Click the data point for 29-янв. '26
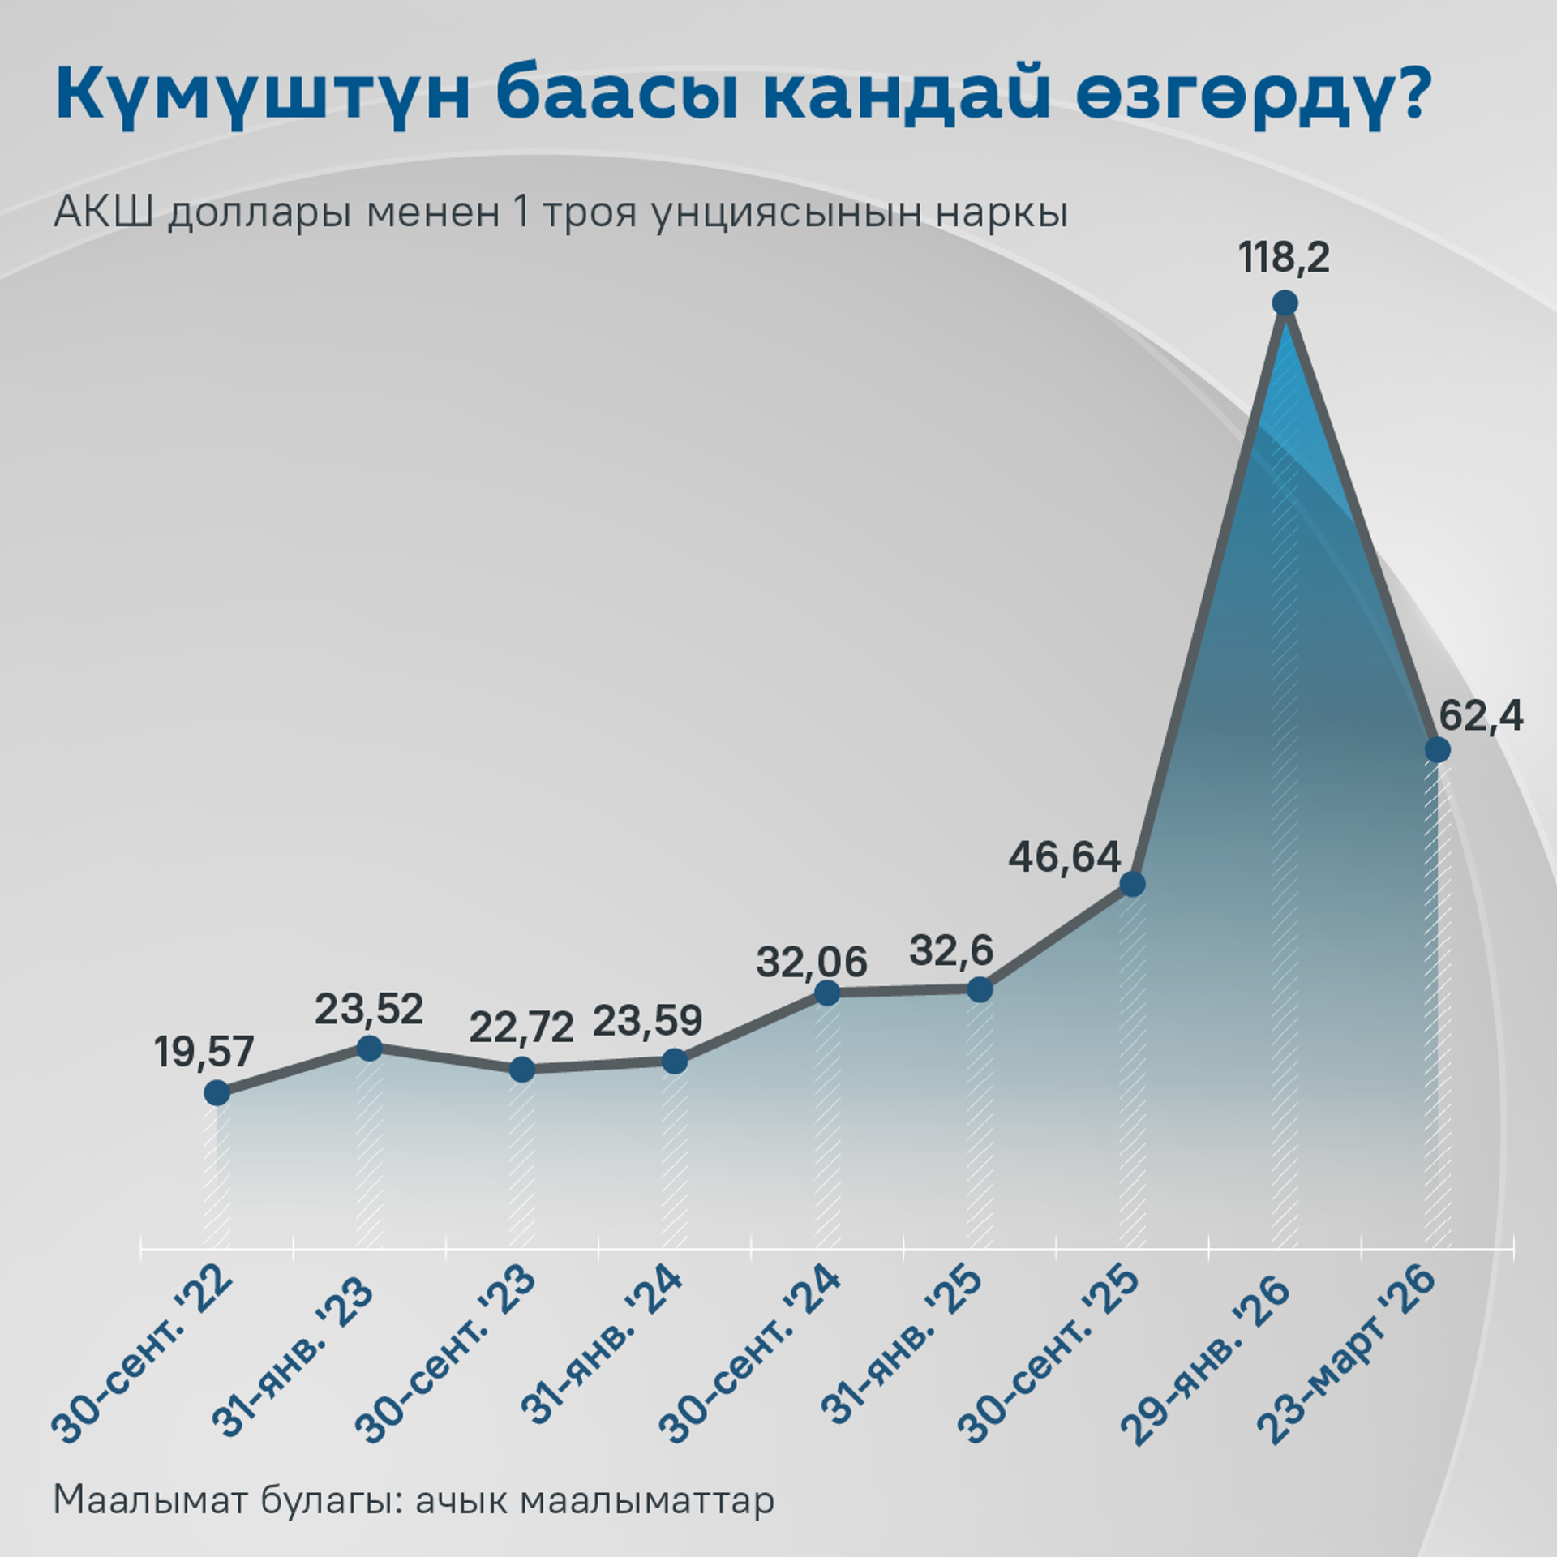coord(1285,304)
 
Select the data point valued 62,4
coord(1437,748)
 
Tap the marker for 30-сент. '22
coord(217,1093)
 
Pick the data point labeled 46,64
coord(1132,884)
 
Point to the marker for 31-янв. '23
coord(369,1048)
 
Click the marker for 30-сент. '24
coord(827,993)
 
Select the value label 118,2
coord(1285,259)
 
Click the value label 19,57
coord(204,1052)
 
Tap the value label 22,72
coord(521,1027)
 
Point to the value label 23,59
coord(647,1021)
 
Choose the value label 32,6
coord(950,950)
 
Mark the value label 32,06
coord(812,963)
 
